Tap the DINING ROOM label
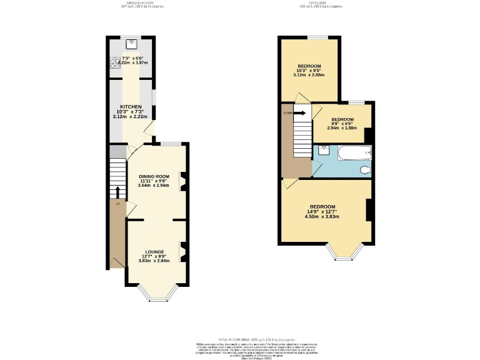(154, 176)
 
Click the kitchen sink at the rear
(132, 44)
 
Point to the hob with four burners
(115, 62)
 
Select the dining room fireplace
(182, 182)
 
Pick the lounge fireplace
(182, 251)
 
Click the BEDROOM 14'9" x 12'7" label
(322, 207)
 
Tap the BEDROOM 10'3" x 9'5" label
(309, 66)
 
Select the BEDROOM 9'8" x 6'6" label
(342, 119)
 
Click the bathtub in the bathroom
(354, 151)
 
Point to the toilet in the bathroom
(366, 169)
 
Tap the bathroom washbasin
(324, 149)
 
